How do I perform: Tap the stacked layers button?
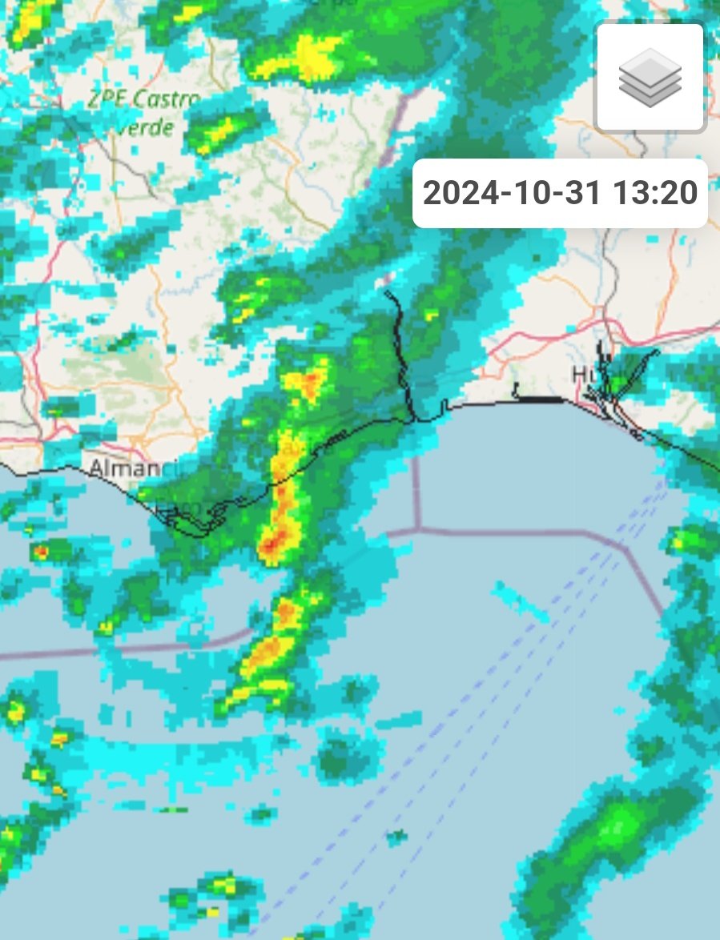(650, 78)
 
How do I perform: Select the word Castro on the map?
(167, 100)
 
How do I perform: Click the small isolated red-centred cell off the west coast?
(40, 552)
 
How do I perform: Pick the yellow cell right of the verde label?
(219, 132)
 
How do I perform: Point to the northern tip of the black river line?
(387, 293)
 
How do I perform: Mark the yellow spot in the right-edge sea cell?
(678, 544)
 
